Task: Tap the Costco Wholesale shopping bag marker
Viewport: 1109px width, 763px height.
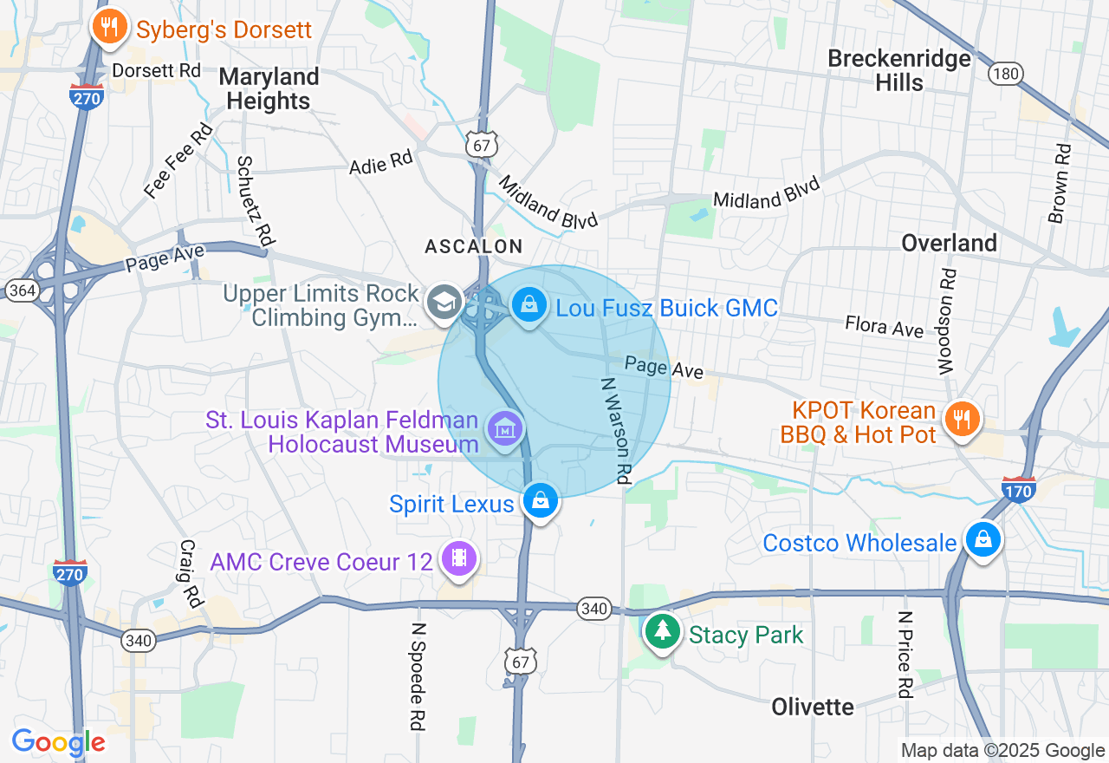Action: pyautogui.click(x=983, y=539)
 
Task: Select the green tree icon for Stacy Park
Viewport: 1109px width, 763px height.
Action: pyautogui.click(x=663, y=631)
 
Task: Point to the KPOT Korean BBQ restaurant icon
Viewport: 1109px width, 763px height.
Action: pyautogui.click(x=962, y=420)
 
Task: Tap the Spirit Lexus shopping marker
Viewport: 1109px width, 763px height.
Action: pyautogui.click(x=540, y=501)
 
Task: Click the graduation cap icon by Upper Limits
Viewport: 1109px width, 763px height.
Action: pyautogui.click(x=444, y=302)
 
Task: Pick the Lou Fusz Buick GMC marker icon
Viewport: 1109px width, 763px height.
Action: pyautogui.click(x=528, y=304)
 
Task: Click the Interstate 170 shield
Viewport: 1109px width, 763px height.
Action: pyautogui.click(x=1018, y=490)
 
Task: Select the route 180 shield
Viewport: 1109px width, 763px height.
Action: pyautogui.click(x=1005, y=74)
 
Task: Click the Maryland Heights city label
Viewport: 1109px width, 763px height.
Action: pyautogui.click(x=269, y=88)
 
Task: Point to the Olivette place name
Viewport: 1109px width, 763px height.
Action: pyautogui.click(x=813, y=707)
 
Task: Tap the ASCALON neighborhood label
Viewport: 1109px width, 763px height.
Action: pyautogui.click(x=474, y=247)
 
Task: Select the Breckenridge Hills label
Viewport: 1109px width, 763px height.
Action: pyautogui.click(x=899, y=70)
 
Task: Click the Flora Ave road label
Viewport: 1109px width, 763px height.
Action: pyautogui.click(x=885, y=326)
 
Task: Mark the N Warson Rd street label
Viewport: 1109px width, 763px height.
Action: pyautogui.click(x=614, y=430)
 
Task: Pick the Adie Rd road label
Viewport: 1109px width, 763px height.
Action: pyautogui.click(x=380, y=161)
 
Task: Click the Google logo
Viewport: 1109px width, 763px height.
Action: pyautogui.click(x=58, y=743)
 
